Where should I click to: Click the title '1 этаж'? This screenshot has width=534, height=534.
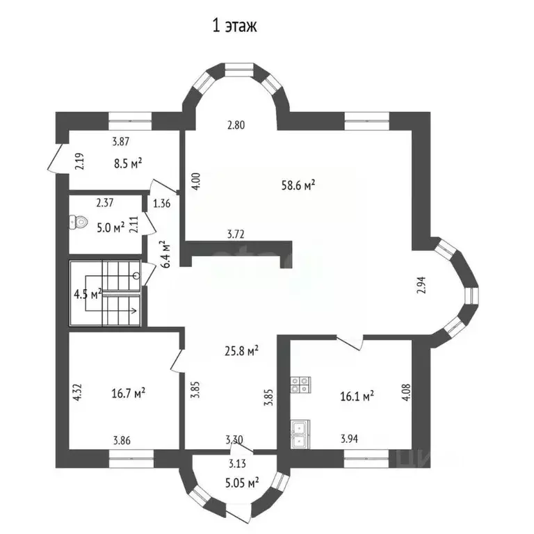click(x=234, y=27)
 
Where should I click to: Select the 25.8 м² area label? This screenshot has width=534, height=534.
click(x=241, y=350)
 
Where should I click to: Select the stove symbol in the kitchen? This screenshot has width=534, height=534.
click(x=300, y=385)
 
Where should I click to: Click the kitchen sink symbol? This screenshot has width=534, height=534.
click(x=300, y=433)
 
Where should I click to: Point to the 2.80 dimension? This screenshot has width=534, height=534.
click(x=237, y=125)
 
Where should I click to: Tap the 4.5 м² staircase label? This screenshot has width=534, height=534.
click(x=88, y=293)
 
